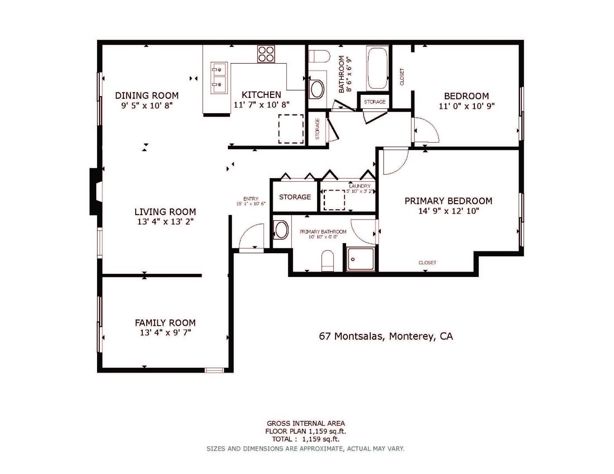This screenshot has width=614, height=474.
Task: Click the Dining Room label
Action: (147, 95)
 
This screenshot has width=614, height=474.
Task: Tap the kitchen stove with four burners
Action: (266, 54)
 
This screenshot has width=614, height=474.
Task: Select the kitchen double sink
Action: (219, 78)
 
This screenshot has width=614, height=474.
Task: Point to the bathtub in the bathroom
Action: (377, 68)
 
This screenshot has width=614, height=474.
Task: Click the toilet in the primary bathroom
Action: (328, 261)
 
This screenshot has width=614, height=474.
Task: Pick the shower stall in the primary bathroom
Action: (361, 259)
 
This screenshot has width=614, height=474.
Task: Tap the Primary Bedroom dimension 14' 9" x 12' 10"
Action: (448, 211)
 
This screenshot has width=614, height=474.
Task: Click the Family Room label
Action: (165, 323)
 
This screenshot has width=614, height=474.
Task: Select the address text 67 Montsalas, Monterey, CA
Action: (386, 337)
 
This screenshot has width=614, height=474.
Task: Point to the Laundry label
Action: (360, 186)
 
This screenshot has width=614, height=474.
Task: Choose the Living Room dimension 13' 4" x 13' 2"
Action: (165, 222)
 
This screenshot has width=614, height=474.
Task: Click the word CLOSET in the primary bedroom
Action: (427, 262)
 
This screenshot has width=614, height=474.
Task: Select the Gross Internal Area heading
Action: (306, 424)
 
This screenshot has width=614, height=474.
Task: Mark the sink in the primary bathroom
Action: (281, 230)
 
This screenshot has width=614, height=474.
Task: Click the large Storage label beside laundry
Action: (295, 197)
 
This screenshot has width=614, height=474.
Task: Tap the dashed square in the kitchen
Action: (290, 129)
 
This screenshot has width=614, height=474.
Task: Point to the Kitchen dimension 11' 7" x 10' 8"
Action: (261, 105)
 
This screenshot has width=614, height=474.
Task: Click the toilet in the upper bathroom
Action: (319, 57)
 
